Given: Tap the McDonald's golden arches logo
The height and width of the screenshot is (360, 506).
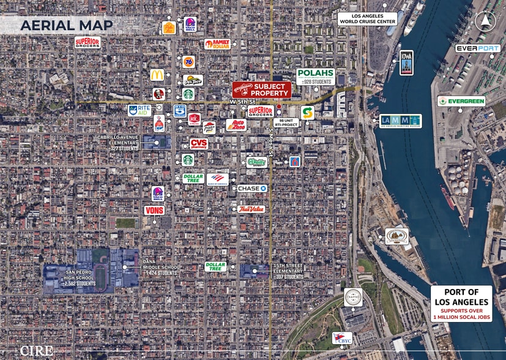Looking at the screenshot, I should (157, 75).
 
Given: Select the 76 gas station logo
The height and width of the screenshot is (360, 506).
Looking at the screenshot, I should (188, 61).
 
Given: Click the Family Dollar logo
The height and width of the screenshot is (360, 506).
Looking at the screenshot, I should (217, 44).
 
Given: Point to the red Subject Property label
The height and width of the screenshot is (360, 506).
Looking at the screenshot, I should (261, 89).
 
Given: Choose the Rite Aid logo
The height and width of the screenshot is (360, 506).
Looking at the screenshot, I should (140, 111).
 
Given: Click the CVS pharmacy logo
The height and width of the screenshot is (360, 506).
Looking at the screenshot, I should (198, 144).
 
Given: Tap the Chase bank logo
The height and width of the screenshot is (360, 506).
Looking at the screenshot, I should (252, 188).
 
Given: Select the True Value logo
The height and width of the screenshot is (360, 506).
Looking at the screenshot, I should (251, 209).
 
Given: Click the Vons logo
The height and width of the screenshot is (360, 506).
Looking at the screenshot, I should (154, 210).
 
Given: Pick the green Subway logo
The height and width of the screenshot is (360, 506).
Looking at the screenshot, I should (307, 113).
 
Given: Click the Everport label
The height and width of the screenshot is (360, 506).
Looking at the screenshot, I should (477, 48).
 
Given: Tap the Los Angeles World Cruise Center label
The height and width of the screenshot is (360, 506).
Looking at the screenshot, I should (367, 18).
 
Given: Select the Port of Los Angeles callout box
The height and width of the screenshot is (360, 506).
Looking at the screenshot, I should (461, 302).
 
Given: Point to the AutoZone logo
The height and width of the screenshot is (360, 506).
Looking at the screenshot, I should (236, 125).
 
